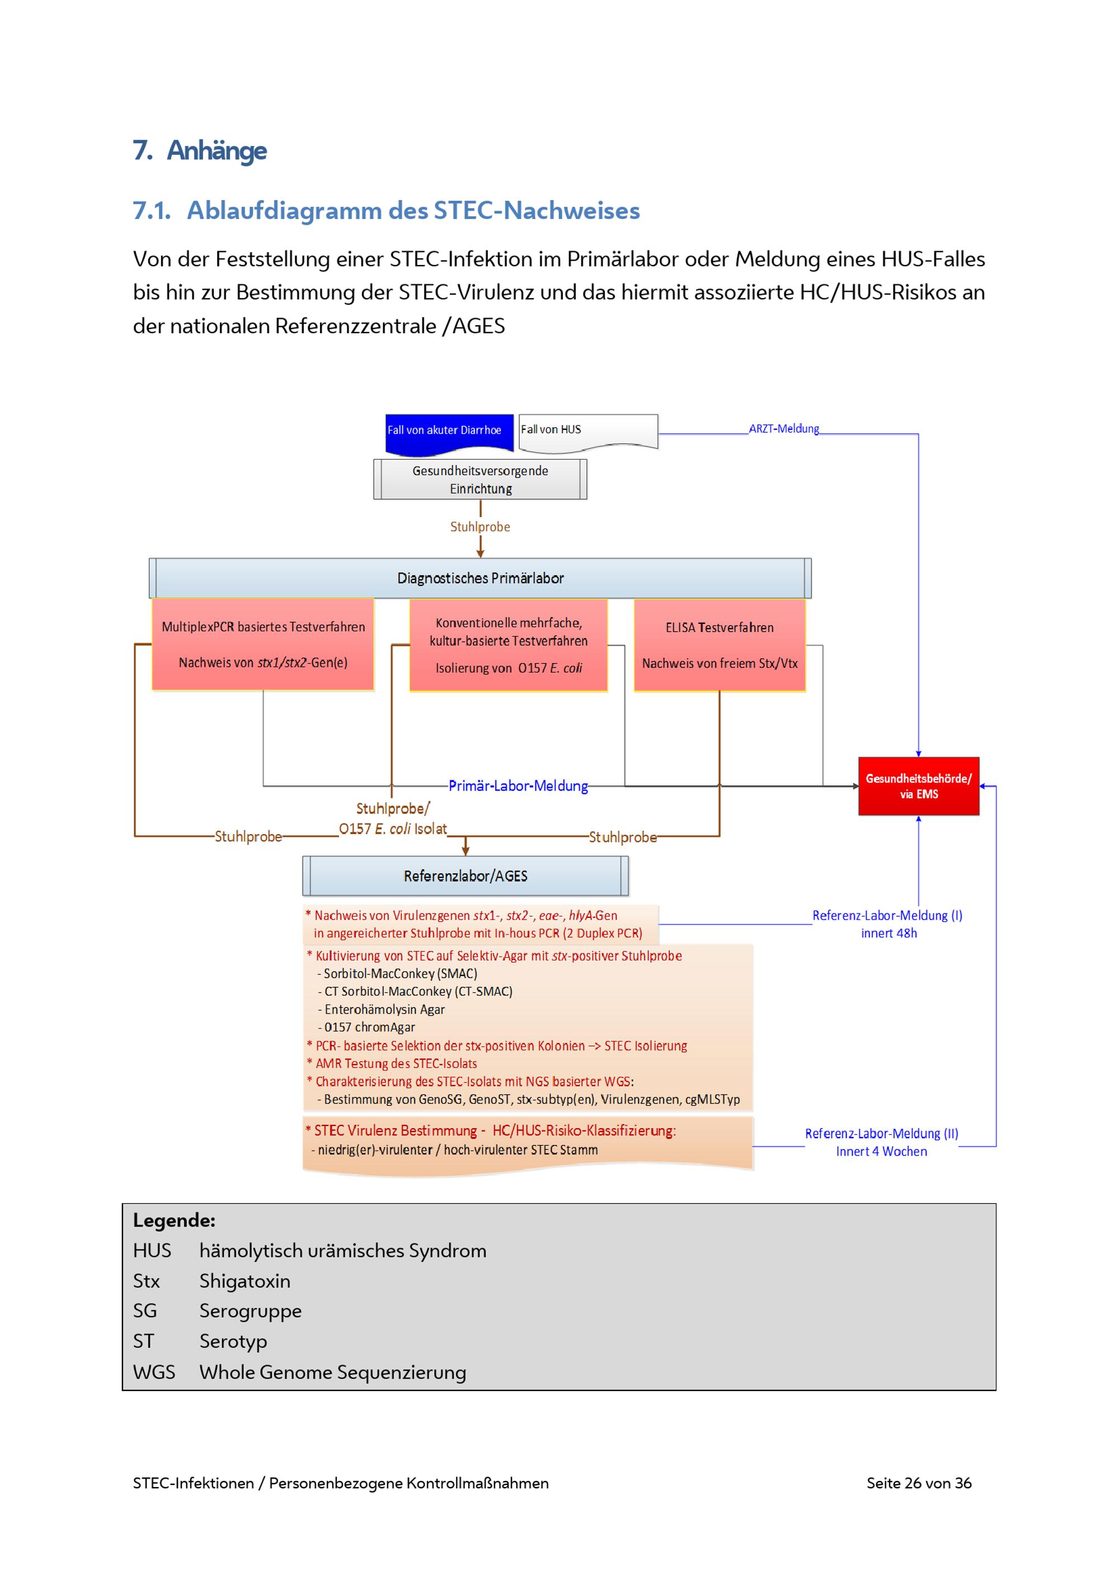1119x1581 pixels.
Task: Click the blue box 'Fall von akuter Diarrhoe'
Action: coord(449,432)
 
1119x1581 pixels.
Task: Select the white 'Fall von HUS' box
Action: coord(587,431)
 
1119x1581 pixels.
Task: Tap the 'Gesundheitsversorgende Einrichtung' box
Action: coord(480,479)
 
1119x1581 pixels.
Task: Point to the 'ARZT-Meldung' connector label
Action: coord(783,428)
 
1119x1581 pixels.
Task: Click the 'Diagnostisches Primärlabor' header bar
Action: coord(480,579)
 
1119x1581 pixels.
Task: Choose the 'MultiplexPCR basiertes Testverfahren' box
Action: coord(263,645)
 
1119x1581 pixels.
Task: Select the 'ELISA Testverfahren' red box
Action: coord(720,645)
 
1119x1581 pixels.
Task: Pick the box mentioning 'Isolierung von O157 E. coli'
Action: coord(509,645)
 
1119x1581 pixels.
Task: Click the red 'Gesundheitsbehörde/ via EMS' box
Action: coord(919,787)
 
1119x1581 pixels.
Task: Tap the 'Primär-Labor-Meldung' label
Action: coord(518,785)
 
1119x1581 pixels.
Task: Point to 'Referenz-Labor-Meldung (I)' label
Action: coord(887,915)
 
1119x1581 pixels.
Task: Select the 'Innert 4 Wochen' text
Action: coord(881,1151)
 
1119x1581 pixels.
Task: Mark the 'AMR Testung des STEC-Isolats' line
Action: coord(396,1063)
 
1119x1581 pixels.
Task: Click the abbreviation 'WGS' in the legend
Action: coord(154,1372)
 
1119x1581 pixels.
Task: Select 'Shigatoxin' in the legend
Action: coord(245,1281)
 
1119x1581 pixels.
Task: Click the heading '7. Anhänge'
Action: coord(200,150)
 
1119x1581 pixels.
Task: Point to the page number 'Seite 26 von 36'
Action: coord(919,1483)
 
